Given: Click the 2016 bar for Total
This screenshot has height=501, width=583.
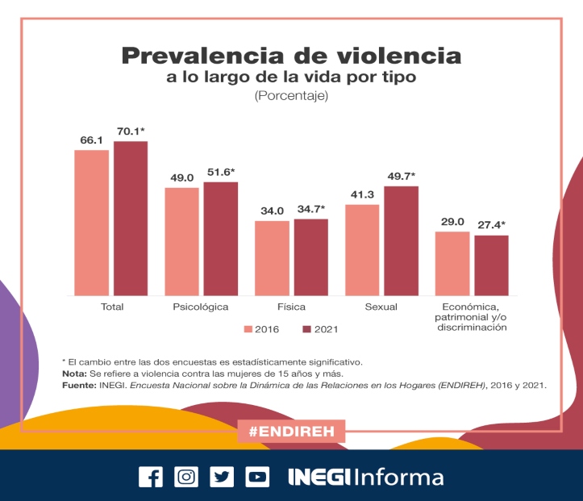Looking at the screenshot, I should click(91, 223).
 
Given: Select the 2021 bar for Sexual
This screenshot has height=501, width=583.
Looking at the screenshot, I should click(401, 240).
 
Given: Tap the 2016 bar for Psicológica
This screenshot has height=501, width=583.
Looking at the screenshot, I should click(181, 241).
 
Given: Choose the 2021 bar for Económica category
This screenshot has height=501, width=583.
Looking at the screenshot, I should click(491, 265).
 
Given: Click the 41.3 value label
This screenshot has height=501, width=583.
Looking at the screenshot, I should click(361, 194).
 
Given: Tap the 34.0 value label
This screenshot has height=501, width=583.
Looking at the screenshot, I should click(272, 211).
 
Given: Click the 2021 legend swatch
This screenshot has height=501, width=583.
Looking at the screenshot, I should click(306, 329).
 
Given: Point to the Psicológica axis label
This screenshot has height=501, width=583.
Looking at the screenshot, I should click(201, 307).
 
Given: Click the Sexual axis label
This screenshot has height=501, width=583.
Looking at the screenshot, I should click(381, 307).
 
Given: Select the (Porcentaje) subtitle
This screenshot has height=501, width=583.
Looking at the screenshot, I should click(291, 97).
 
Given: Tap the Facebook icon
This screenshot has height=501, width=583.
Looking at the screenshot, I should click(150, 477).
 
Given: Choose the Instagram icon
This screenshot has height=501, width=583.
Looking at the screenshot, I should click(186, 477).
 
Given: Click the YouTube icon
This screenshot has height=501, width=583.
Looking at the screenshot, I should click(257, 477).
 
